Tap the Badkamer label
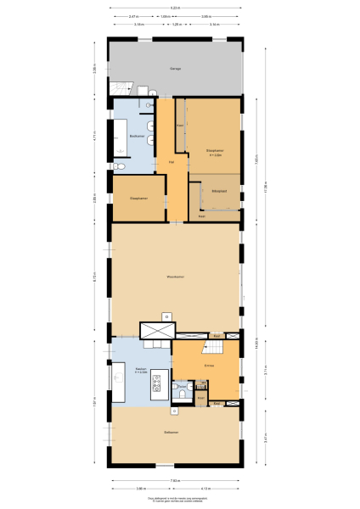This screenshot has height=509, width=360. pyautogui.click(x=136, y=136)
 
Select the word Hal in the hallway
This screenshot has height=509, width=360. pyautogui.click(x=172, y=161)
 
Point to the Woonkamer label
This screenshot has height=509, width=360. pyautogui.click(x=176, y=277)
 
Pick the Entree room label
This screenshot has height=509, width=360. pyautogui.click(x=209, y=366)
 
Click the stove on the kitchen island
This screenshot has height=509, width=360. pyautogui.click(x=157, y=390)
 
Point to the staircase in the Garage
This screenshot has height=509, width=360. pyautogui.click(x=121, y=87)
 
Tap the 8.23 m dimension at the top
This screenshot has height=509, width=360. pyautogui.click(x=175, y=8)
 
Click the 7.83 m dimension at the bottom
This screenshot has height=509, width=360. pyautogui.click(x=174, y=480)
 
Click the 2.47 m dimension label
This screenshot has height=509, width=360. pyautogui.click(x=134, y=16)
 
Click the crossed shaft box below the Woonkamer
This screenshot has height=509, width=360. pyautogui.click(x=157, y=331)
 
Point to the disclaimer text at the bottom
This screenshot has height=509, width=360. pyautogui.click(x=175, y=501)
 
